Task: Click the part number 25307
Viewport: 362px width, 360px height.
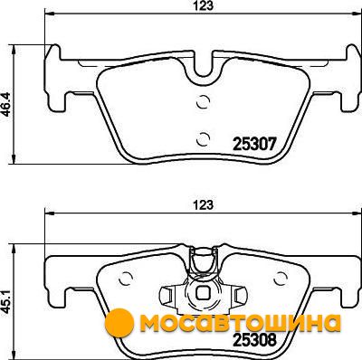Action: click(255, 144)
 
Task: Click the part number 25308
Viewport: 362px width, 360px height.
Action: click(255, 340)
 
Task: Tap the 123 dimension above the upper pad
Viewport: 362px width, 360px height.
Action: click(203, 6)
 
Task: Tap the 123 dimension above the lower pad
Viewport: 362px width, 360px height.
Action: click(203, 205)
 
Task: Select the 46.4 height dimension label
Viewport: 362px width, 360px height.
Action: click(6, 105)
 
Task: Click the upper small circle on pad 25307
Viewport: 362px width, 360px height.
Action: click(203, 101)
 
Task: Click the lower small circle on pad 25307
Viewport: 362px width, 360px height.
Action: click(203, 139)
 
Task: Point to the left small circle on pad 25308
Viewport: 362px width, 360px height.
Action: click(126, 278)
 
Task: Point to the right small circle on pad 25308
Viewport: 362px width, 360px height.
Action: click(281, 278)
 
